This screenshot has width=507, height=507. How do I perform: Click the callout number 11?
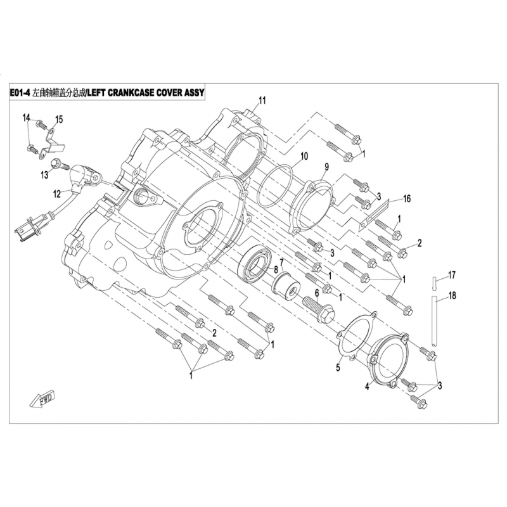point(262,100)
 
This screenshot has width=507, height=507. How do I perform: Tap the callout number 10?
point(304,156)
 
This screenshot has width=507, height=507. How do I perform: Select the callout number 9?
point(327,166)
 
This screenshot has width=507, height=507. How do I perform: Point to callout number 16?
point(407,198)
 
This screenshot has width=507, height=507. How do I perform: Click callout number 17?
point(452,274)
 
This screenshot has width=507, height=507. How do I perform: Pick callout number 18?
point(452,295)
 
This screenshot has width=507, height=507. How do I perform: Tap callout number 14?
point(27,119)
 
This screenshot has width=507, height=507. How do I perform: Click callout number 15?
point(59,119)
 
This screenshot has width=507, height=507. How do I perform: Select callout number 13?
point(45,174)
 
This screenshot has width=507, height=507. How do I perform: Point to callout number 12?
point(56,193)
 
